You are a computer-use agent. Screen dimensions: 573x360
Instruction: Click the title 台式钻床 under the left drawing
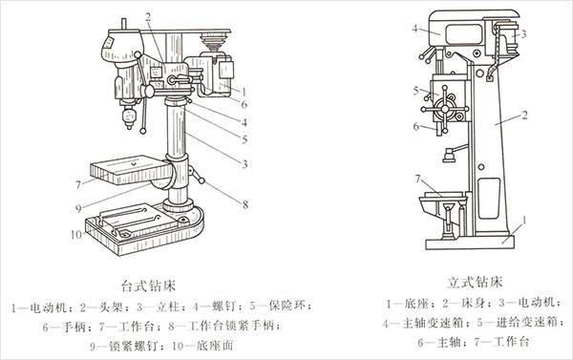pyautogui.click(x=148, y=286)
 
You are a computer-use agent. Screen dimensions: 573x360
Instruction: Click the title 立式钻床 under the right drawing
pyautogui.click(x=475, y=282)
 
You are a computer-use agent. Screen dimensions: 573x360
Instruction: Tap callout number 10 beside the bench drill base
pyautogui.click(x=76, y=234)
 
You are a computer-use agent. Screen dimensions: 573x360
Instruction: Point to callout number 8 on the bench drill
pyautogui.click(x=245, y=204)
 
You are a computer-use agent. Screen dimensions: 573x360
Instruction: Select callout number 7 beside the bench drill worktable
pyautogui.click(x=78, y=185)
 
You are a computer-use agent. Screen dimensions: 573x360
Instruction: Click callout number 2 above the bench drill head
pyautogui.click(x=148, y=17)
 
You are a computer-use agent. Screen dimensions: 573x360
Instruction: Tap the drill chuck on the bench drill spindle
pyautogui.click(x=129, y=116)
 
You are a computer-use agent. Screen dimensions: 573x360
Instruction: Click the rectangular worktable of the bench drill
pyautogui.click(x=131, y=170)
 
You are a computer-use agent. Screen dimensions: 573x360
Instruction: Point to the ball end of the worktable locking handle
pyautogui.click(x=202, y=180)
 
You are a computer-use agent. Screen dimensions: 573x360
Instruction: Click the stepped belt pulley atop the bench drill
pyautogui.click(x=215, y=41)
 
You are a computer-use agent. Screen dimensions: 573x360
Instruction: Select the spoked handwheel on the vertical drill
pyautogui.click(x=445, y=109)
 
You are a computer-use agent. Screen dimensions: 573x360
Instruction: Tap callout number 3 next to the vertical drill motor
pyautogui.click(x=523, y=34)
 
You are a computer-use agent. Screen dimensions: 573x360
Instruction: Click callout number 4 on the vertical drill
pyautogui.click(x=414, y=28)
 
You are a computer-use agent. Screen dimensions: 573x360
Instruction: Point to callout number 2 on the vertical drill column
pyautogui.click(x=524, y=116)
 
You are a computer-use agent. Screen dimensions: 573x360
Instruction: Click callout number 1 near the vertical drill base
pyautogui.click(x=524, y=220)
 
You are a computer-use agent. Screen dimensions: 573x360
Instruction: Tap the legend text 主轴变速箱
pyautogui.click(x=433, y=323)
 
